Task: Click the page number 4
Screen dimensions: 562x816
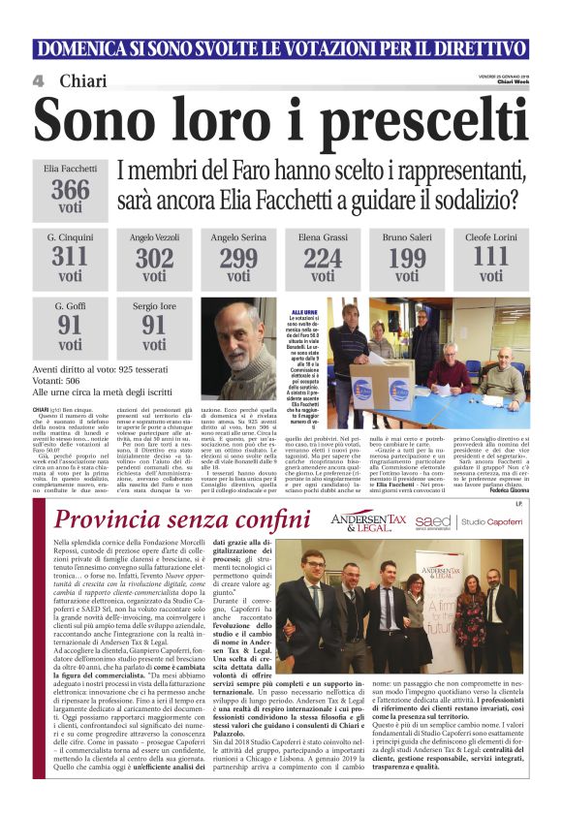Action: (x=38, y=81)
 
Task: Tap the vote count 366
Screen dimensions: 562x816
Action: (x=71, y=189)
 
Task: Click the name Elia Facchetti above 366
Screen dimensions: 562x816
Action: (x=71, y=169)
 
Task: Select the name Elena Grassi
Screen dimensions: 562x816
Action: (x=323, y=236)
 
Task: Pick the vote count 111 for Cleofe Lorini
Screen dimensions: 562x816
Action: (x=491, y=256)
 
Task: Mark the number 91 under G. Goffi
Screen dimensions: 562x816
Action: (x=71, y=324)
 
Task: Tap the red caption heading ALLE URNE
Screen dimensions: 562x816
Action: (x=304, y=312)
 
